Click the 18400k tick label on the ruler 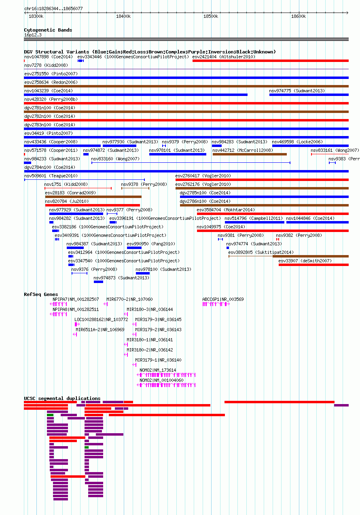click(123, 16)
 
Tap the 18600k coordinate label click(299, 16)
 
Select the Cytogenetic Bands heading click(48, 30)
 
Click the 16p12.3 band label click(33, 35)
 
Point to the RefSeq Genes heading click(41, 294)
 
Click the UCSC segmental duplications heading click(62, 398)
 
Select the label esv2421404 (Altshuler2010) click(224, 57)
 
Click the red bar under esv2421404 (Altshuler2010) click(270, 61)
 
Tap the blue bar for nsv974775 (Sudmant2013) click(309, 95)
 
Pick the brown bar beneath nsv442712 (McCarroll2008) click(250, 154)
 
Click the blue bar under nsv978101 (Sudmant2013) click(178, 154)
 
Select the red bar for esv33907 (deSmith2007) click(313, 265)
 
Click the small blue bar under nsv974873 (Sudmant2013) click(98, 282)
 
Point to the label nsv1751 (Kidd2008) click(66, 184)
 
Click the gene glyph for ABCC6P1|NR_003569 click(216, 304)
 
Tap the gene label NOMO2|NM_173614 click(158, 370)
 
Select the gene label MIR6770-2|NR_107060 click(129, 299)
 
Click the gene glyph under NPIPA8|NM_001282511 click(58, 314)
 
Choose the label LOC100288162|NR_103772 click(101, 319)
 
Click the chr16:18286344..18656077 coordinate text click(53, 9)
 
